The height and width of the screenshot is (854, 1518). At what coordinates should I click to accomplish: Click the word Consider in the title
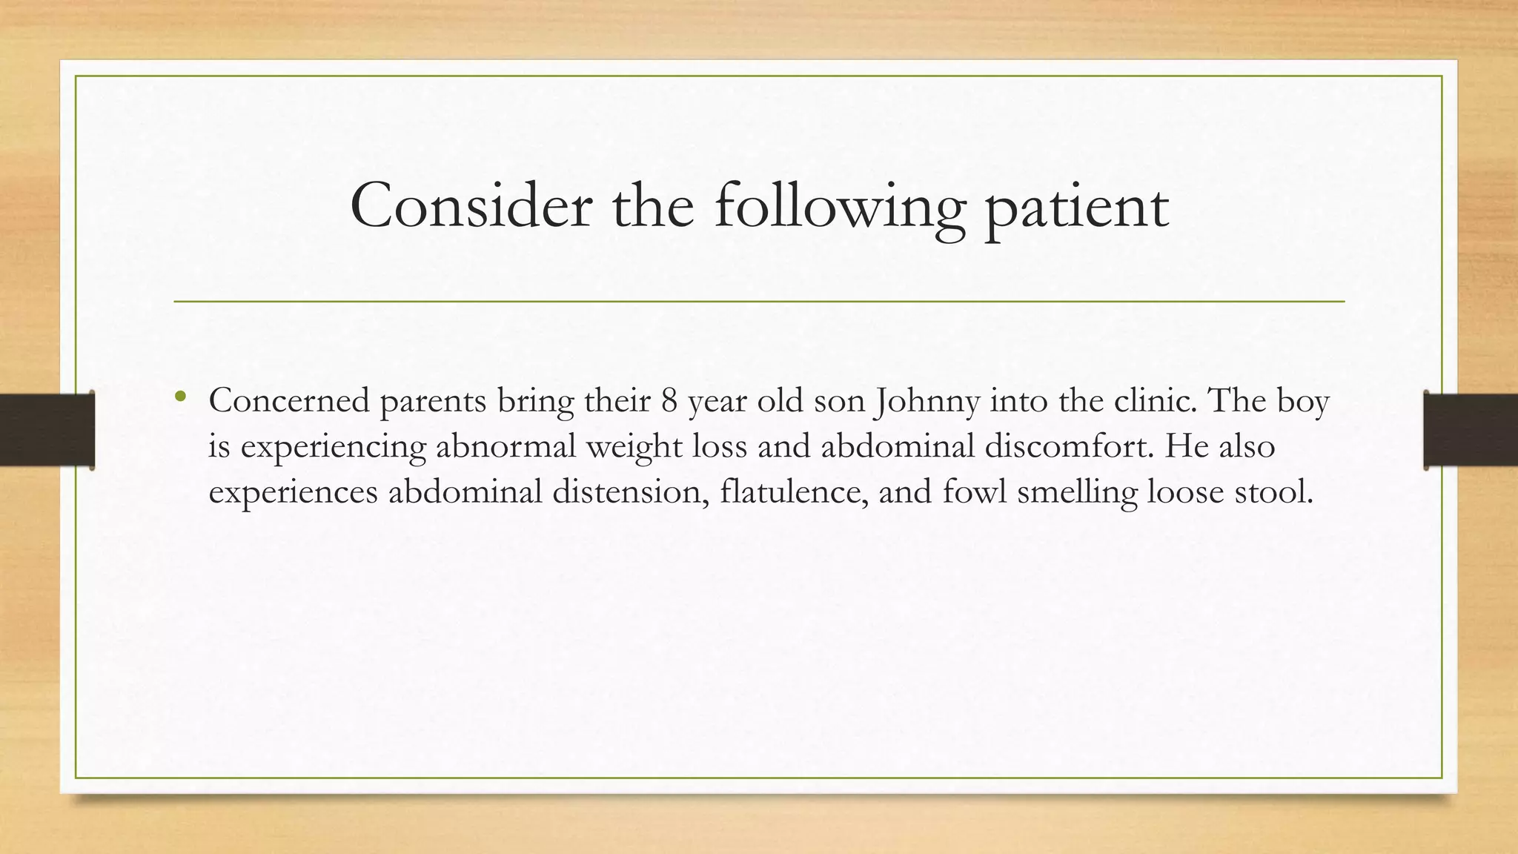471,206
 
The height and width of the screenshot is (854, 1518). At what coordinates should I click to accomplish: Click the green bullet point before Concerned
180,397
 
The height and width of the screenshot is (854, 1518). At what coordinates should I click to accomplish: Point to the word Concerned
289,401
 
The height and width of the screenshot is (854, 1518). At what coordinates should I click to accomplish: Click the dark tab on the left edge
47,430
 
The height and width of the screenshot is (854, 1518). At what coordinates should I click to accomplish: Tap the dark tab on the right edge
1471,430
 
